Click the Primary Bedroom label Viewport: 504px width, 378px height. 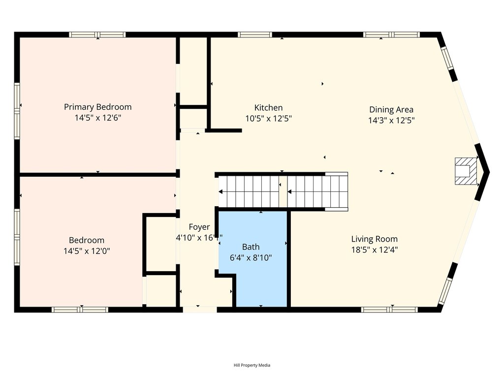coord(97,107)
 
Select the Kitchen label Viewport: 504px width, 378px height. coord(268,108)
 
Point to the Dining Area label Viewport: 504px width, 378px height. coord(391,110)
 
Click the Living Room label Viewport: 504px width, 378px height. coord(374,239)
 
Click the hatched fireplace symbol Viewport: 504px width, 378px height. coord(466,171)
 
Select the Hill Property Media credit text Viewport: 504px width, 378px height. coord(252,365)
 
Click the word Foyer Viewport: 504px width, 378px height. coord(199,227)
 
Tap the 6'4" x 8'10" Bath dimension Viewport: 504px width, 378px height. coord(251,257)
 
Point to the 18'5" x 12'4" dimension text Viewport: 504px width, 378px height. coord(374,250)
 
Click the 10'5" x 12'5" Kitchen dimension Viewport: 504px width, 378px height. coord(268,118)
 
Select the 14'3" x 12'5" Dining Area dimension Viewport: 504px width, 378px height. coord(391,120)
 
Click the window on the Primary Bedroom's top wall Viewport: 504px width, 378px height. coord(97,35)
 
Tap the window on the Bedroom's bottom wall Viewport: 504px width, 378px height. coord(80,310)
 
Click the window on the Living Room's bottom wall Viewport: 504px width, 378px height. coord(389,310)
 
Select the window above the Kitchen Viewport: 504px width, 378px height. coord(254,35)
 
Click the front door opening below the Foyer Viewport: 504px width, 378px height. coord(199,310)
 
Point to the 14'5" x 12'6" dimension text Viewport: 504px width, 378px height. coord(97,118)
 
